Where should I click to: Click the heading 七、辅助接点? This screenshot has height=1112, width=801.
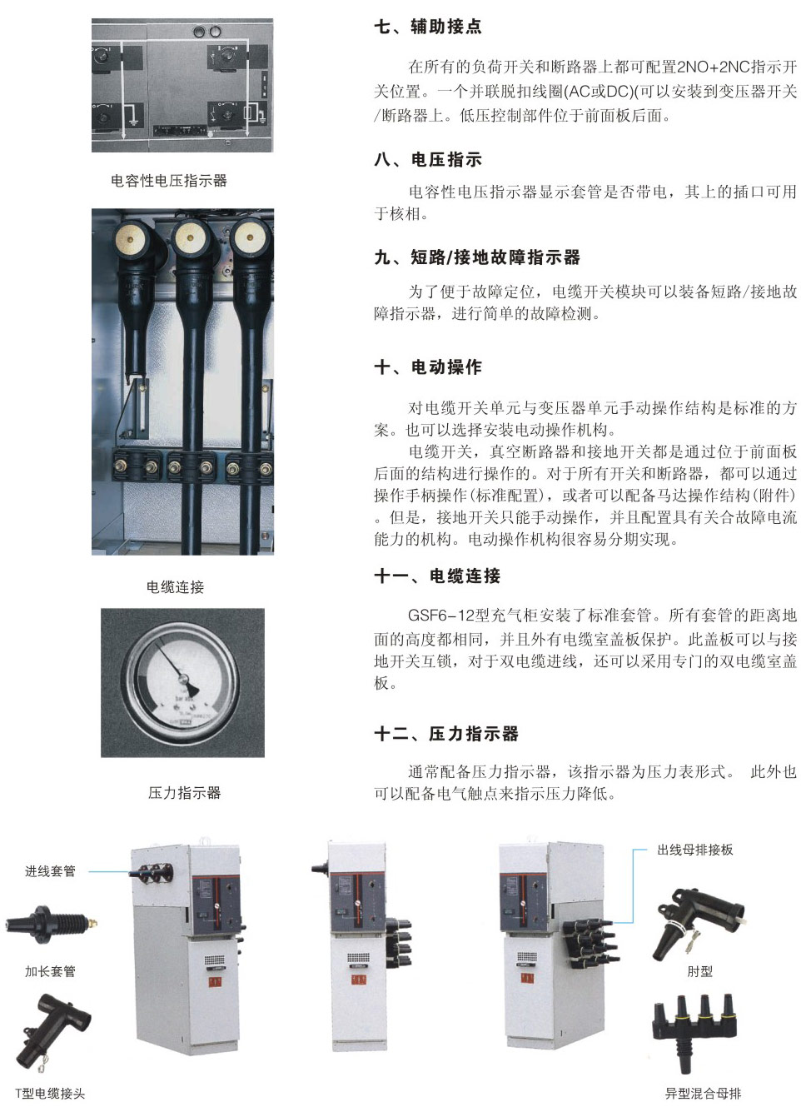point(427,27)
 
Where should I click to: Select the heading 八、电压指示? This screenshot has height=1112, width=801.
point(427,159)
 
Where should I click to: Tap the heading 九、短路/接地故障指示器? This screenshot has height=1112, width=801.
point(477,257)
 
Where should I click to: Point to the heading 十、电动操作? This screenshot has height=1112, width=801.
point(427,367)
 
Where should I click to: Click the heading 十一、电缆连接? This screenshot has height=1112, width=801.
point(437,576)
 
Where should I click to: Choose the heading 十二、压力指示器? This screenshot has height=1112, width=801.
point(446,733)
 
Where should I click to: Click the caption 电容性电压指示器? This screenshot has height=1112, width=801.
point(169,180)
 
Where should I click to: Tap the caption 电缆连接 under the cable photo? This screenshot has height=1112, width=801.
point(175,586)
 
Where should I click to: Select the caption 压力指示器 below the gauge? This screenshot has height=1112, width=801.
point(184,792)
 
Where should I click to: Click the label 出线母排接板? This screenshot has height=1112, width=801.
point(694,850)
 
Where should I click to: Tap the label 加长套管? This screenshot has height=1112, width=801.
point(50,971)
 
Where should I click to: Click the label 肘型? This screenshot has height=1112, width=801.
point(699,971)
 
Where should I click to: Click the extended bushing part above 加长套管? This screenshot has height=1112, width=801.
point(51,924)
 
